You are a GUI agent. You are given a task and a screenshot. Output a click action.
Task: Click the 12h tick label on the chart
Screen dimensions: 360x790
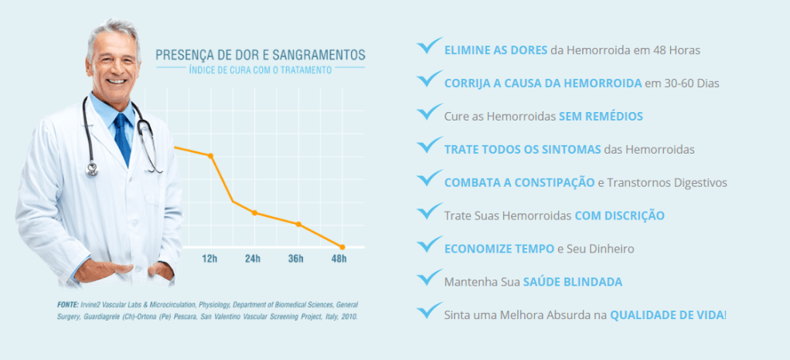pyautogui.click(x=209, y=259)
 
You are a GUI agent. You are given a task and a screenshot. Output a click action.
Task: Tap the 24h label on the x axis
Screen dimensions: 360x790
pyautogui.click(x=253, y=259)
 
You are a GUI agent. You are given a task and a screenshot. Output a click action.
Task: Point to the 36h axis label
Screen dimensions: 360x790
pyautogui.click(x=296, y=259)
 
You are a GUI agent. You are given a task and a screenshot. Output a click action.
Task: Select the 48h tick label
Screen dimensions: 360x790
pyautogui.click(x=339, y=259)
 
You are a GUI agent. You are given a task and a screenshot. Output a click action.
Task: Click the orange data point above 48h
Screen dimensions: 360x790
pyautogui.click(x=342, y=246)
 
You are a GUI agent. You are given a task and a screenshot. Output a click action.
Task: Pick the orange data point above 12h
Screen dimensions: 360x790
pyautogui.click(x=210, y=155)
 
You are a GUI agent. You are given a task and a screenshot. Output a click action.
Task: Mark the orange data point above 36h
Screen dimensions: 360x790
pyautogui.click(x=298, y=224)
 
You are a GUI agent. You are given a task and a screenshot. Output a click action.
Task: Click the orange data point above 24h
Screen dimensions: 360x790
pyautogui.click(x=254, y=212)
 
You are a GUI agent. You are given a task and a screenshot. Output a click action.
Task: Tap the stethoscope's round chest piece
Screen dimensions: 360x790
pyautogui.click(x=92, y=168)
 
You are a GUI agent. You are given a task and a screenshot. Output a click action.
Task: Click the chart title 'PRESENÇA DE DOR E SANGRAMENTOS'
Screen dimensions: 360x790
pyautogui.click(x=260, y=55)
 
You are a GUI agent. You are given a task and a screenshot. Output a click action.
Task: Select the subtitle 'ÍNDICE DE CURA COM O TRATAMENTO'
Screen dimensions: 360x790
pyautogui.click(x=260, y=70)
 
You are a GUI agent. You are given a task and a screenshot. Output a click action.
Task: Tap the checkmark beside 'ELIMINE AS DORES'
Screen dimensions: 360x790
pyautogui.click(x=429, y=46)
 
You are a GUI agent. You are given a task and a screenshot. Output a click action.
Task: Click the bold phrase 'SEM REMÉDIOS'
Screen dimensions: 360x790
pyautogui.click(x=601, y=116)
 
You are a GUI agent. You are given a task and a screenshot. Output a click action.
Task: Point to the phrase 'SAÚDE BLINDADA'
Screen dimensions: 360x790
pyautogui.click(x=573, y=282)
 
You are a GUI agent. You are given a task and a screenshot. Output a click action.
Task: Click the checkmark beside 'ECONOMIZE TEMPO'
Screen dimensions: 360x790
pyautogui.click(x=429, y=246)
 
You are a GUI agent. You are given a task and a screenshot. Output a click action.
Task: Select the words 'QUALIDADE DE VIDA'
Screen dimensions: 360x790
pyautogui.click(x=667, y=315)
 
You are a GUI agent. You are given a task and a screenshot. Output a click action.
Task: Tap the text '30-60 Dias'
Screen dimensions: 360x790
pyautogui.click(x=688, y=83)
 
